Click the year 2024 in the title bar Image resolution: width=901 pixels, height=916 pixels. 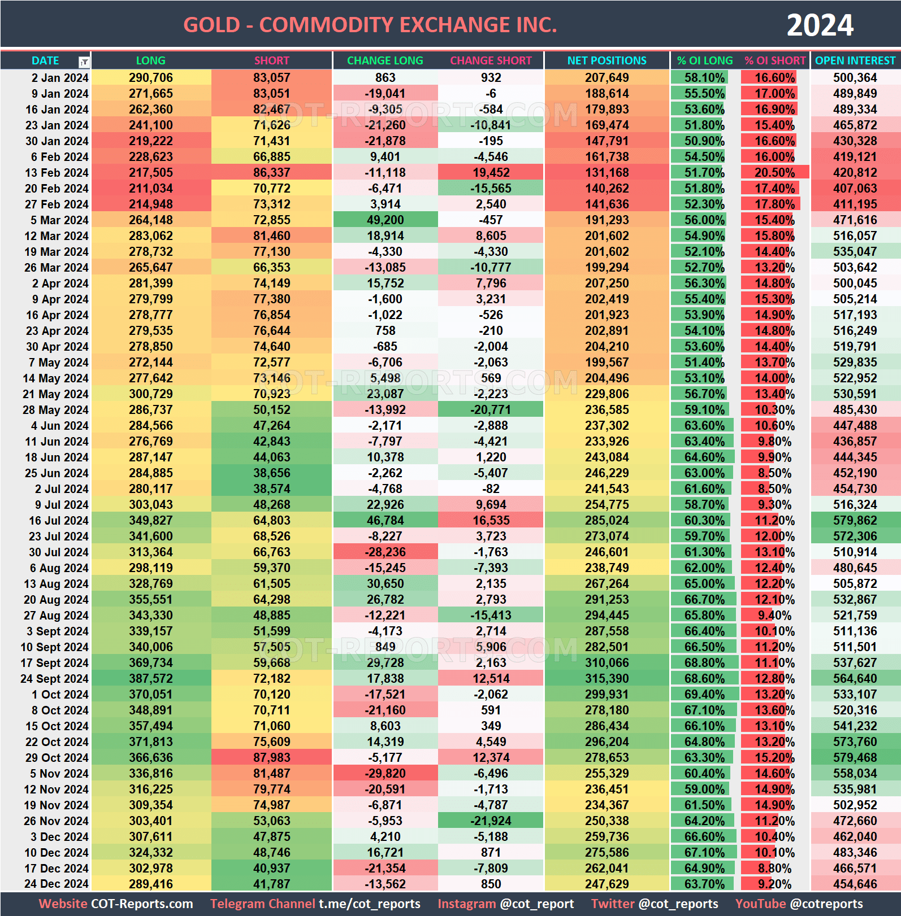(x=820, y=25)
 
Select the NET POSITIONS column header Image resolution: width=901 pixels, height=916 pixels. (x=607, y=60)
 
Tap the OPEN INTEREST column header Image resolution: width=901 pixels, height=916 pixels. (x=855, y=60)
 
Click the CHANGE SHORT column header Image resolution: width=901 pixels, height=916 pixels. (x=491, y=60)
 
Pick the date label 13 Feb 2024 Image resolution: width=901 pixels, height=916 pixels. (x=57, y=173)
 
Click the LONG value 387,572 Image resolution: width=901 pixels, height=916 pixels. (x=150, y=679)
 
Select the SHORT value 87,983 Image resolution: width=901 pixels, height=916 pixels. (x=271, y=758)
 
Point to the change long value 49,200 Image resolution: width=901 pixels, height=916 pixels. (x=385, y=220)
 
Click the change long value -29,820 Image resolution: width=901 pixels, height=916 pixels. (x=385, y=774)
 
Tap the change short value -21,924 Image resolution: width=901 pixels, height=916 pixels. (x=491, y=821)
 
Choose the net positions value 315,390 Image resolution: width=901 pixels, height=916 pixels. (x=607, y=679)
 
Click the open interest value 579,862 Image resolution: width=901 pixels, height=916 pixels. (x=855, y=521)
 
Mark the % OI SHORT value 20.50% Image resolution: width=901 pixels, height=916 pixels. (x=774, y=173)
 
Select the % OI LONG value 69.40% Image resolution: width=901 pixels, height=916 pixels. (x=704, y=695)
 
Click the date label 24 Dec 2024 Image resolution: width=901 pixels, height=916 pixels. (x=57, y=884)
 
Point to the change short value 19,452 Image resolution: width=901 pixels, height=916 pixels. (x=491, y=173)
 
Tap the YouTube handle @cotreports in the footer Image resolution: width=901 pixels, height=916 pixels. (x=826, y=904)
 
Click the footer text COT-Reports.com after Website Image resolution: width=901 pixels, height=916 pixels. (x=142, y=904)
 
